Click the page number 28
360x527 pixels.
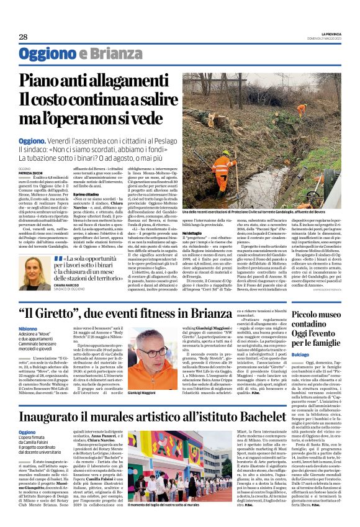23,37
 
